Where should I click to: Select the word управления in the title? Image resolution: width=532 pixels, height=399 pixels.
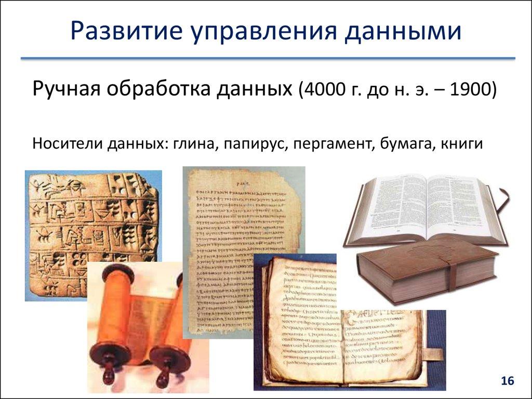click(258, 33)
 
